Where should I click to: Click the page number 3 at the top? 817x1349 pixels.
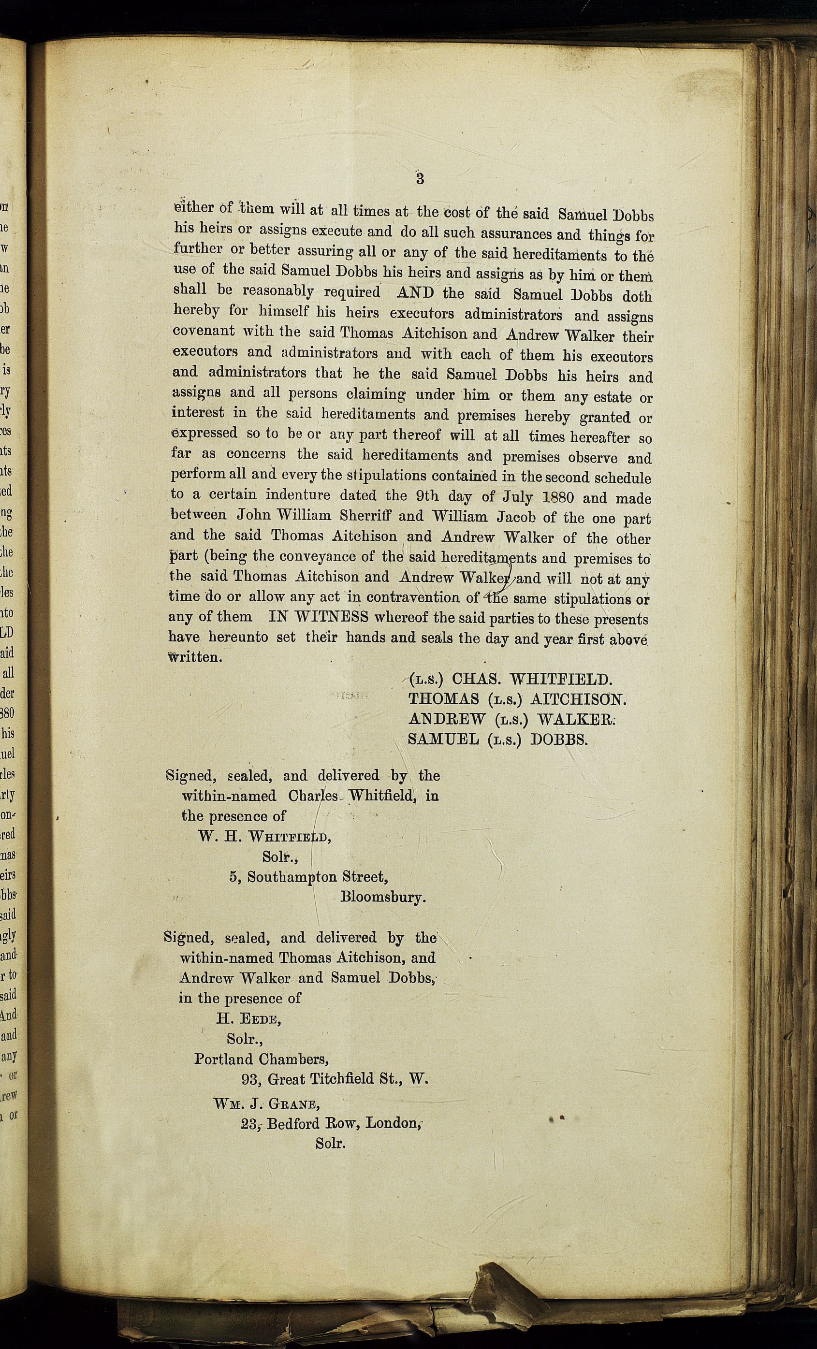(420, 178)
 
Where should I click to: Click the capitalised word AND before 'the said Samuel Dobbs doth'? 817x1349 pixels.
(414, 292)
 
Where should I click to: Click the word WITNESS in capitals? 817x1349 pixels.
(331, 617)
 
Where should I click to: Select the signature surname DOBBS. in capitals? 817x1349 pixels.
(558, 739)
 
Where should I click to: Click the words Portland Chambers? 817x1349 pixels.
(261, 1059)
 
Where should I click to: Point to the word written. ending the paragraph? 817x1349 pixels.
(195, 657)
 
